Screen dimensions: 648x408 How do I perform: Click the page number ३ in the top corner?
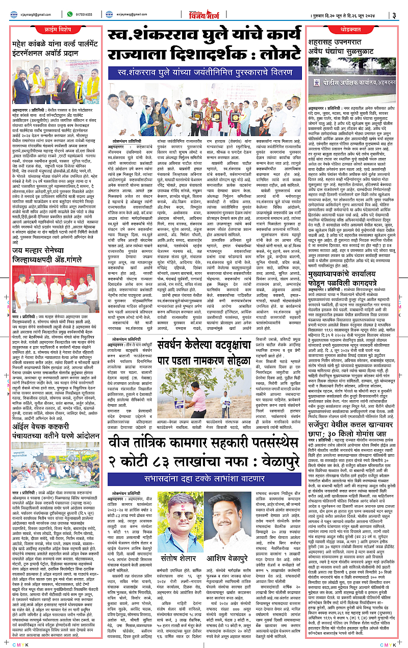pos(394,15)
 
